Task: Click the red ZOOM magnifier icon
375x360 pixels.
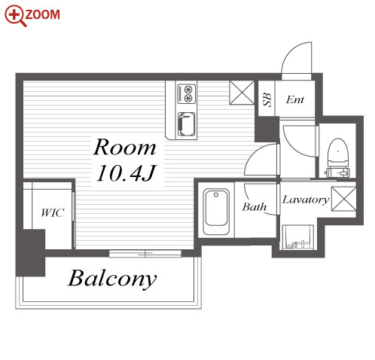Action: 16,16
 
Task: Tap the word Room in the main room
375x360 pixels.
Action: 125,147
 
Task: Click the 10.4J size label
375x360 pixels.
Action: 127,172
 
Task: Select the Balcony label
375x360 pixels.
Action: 112,279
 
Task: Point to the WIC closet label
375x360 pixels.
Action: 53,213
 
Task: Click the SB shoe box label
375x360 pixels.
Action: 267,99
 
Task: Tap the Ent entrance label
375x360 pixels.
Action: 295,99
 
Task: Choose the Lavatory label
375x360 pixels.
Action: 306,200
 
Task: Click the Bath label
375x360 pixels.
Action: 255,207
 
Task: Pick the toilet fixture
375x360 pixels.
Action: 338,157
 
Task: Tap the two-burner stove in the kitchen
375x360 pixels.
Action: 187,94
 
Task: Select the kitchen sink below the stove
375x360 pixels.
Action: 187,125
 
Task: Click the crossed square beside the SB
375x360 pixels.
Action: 242,93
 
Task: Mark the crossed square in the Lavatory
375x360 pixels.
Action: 343,199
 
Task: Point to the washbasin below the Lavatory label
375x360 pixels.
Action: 298,237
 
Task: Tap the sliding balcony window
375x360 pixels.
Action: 145,254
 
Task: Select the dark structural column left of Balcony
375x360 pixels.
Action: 31,253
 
